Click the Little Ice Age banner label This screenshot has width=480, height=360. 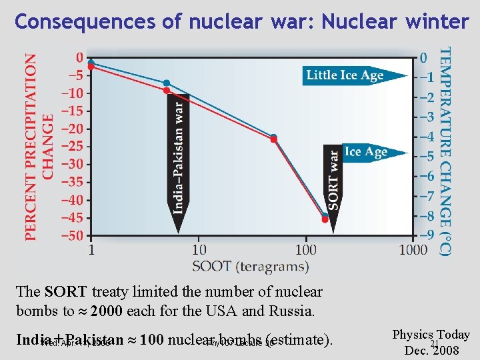[345, 75]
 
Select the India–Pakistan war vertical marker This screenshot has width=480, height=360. [178, 157]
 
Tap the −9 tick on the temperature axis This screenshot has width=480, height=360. [426, 235]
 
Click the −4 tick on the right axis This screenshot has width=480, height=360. [426, 137]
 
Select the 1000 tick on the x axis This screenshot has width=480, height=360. [413, 250]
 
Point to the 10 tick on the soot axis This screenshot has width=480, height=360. [199, 250]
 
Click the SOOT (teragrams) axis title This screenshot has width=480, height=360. [251, 266]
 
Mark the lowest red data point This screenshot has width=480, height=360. [325, 219]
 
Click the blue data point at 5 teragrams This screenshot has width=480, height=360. [167, 83]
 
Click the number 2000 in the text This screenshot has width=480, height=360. [109, 311]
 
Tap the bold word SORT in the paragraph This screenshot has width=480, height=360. [66, 292]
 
